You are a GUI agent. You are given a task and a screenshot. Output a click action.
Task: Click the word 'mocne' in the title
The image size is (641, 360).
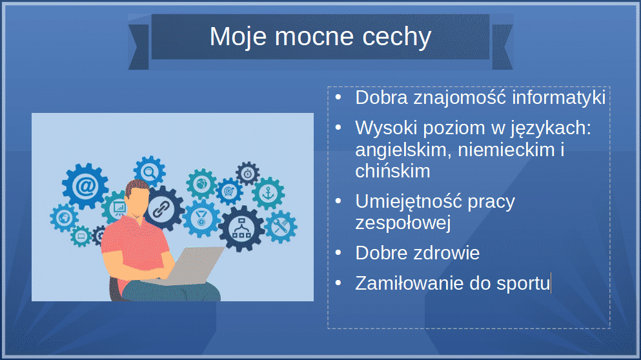(x=314, y=36)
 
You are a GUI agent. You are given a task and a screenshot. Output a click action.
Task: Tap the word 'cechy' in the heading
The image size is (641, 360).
(x=397, y=37)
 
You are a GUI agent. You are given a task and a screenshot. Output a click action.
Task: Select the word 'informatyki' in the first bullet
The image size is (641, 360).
(x=558, y=97)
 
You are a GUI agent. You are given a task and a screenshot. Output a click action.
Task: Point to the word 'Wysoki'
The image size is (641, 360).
(x=386, y=128)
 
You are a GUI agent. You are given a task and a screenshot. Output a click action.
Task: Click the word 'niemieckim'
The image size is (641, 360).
(x=506, y=150)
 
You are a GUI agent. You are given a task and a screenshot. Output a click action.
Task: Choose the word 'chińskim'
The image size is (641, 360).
(x=392, y=171)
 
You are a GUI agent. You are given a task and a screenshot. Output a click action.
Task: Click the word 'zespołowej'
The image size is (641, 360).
(x=403, y=223)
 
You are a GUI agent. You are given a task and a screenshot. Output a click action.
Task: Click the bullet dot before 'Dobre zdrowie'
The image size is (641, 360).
(x=338, y=253)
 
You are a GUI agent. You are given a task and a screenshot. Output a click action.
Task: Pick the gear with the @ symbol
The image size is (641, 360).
(x=85, y=186)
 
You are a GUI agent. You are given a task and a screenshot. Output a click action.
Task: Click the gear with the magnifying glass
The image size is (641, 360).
(x=150, y=172)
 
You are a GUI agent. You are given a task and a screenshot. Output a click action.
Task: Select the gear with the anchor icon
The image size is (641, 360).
(x=268, y=194)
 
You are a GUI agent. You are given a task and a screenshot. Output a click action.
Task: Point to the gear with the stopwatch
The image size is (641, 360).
(x=247, y=174)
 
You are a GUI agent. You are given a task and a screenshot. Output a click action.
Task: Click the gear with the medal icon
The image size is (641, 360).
(x=201, y=218)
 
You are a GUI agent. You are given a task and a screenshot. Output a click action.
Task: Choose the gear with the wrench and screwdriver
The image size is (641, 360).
(x=281, y=227)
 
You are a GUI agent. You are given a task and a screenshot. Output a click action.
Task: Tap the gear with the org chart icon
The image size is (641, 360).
(x=241, y=228)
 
